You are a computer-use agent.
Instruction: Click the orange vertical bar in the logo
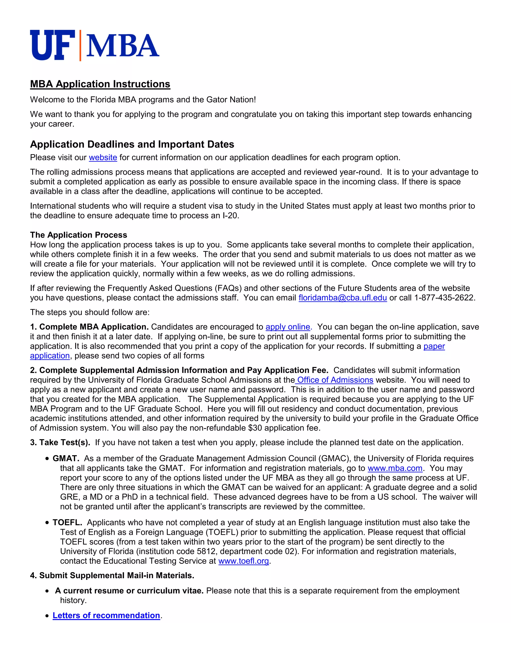point(81,45)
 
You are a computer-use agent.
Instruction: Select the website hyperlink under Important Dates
point(103,158)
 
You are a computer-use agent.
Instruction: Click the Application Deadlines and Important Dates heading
point(132,144)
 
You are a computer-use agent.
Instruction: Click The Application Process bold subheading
point(78,235)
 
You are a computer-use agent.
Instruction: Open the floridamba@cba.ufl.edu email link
point(342,298)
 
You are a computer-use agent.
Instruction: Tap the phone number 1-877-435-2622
point(444,298)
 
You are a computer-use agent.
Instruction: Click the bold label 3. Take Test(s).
point(60,442)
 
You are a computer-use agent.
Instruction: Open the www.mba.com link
point(395,468)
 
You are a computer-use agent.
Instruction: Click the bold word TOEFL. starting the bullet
point(67,522)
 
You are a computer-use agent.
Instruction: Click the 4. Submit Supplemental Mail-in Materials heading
point(112,575)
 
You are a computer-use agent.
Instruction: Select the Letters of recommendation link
point(106,615)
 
